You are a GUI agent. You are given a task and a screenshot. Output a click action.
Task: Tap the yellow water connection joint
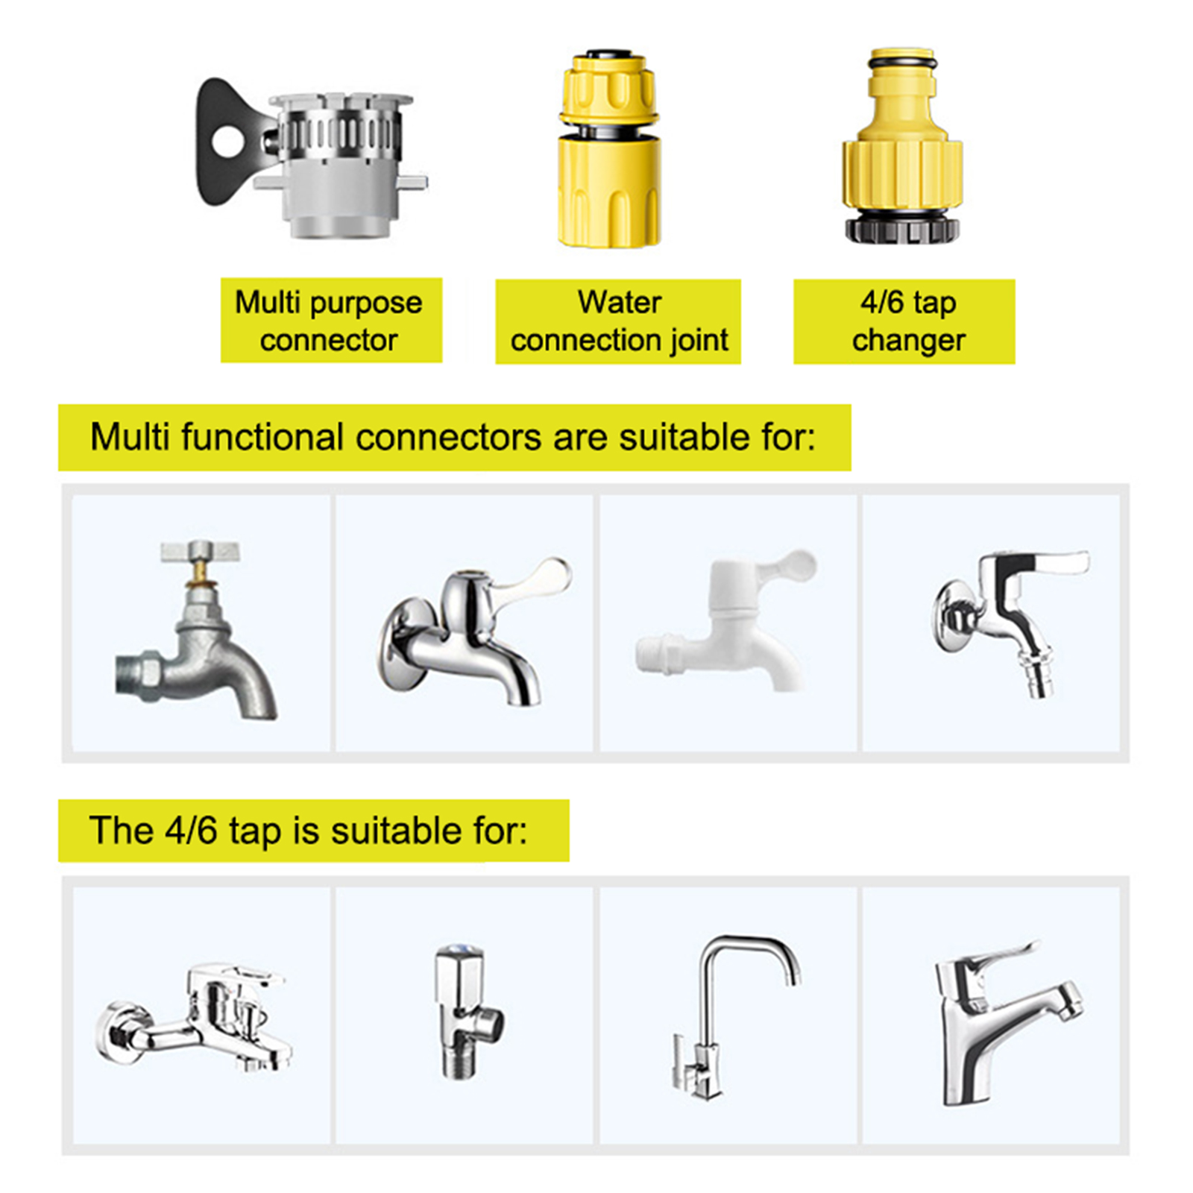(609, 148)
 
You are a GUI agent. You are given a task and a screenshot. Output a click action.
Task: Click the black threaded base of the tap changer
(903, 228)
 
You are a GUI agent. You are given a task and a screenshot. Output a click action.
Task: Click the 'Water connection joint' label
(619, 321)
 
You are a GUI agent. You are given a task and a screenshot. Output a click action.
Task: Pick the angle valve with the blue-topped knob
(466, 1010)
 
